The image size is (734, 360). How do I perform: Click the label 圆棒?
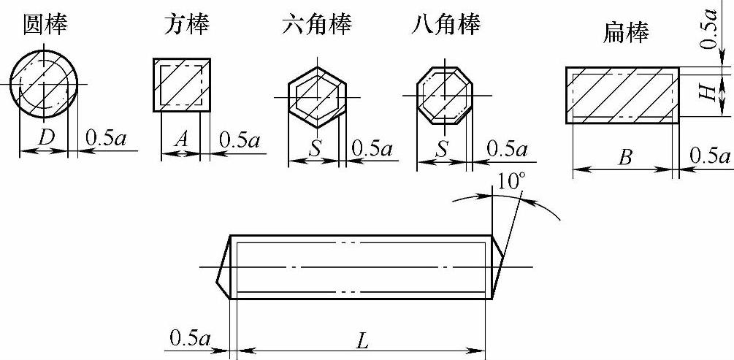[46, 25]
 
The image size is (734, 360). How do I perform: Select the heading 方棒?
[185, 25]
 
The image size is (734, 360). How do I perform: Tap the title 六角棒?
[316, 25]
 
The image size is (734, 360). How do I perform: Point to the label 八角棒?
[445, 25]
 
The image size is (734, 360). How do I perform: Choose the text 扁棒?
[627, 32]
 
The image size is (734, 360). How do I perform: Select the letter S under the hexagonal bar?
[315, 148]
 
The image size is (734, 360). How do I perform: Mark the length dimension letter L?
[362, 340]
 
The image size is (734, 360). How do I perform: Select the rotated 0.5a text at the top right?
[706, 29]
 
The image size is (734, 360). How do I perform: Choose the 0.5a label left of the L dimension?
[190, 338]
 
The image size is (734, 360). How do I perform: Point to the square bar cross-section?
[181, 85]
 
